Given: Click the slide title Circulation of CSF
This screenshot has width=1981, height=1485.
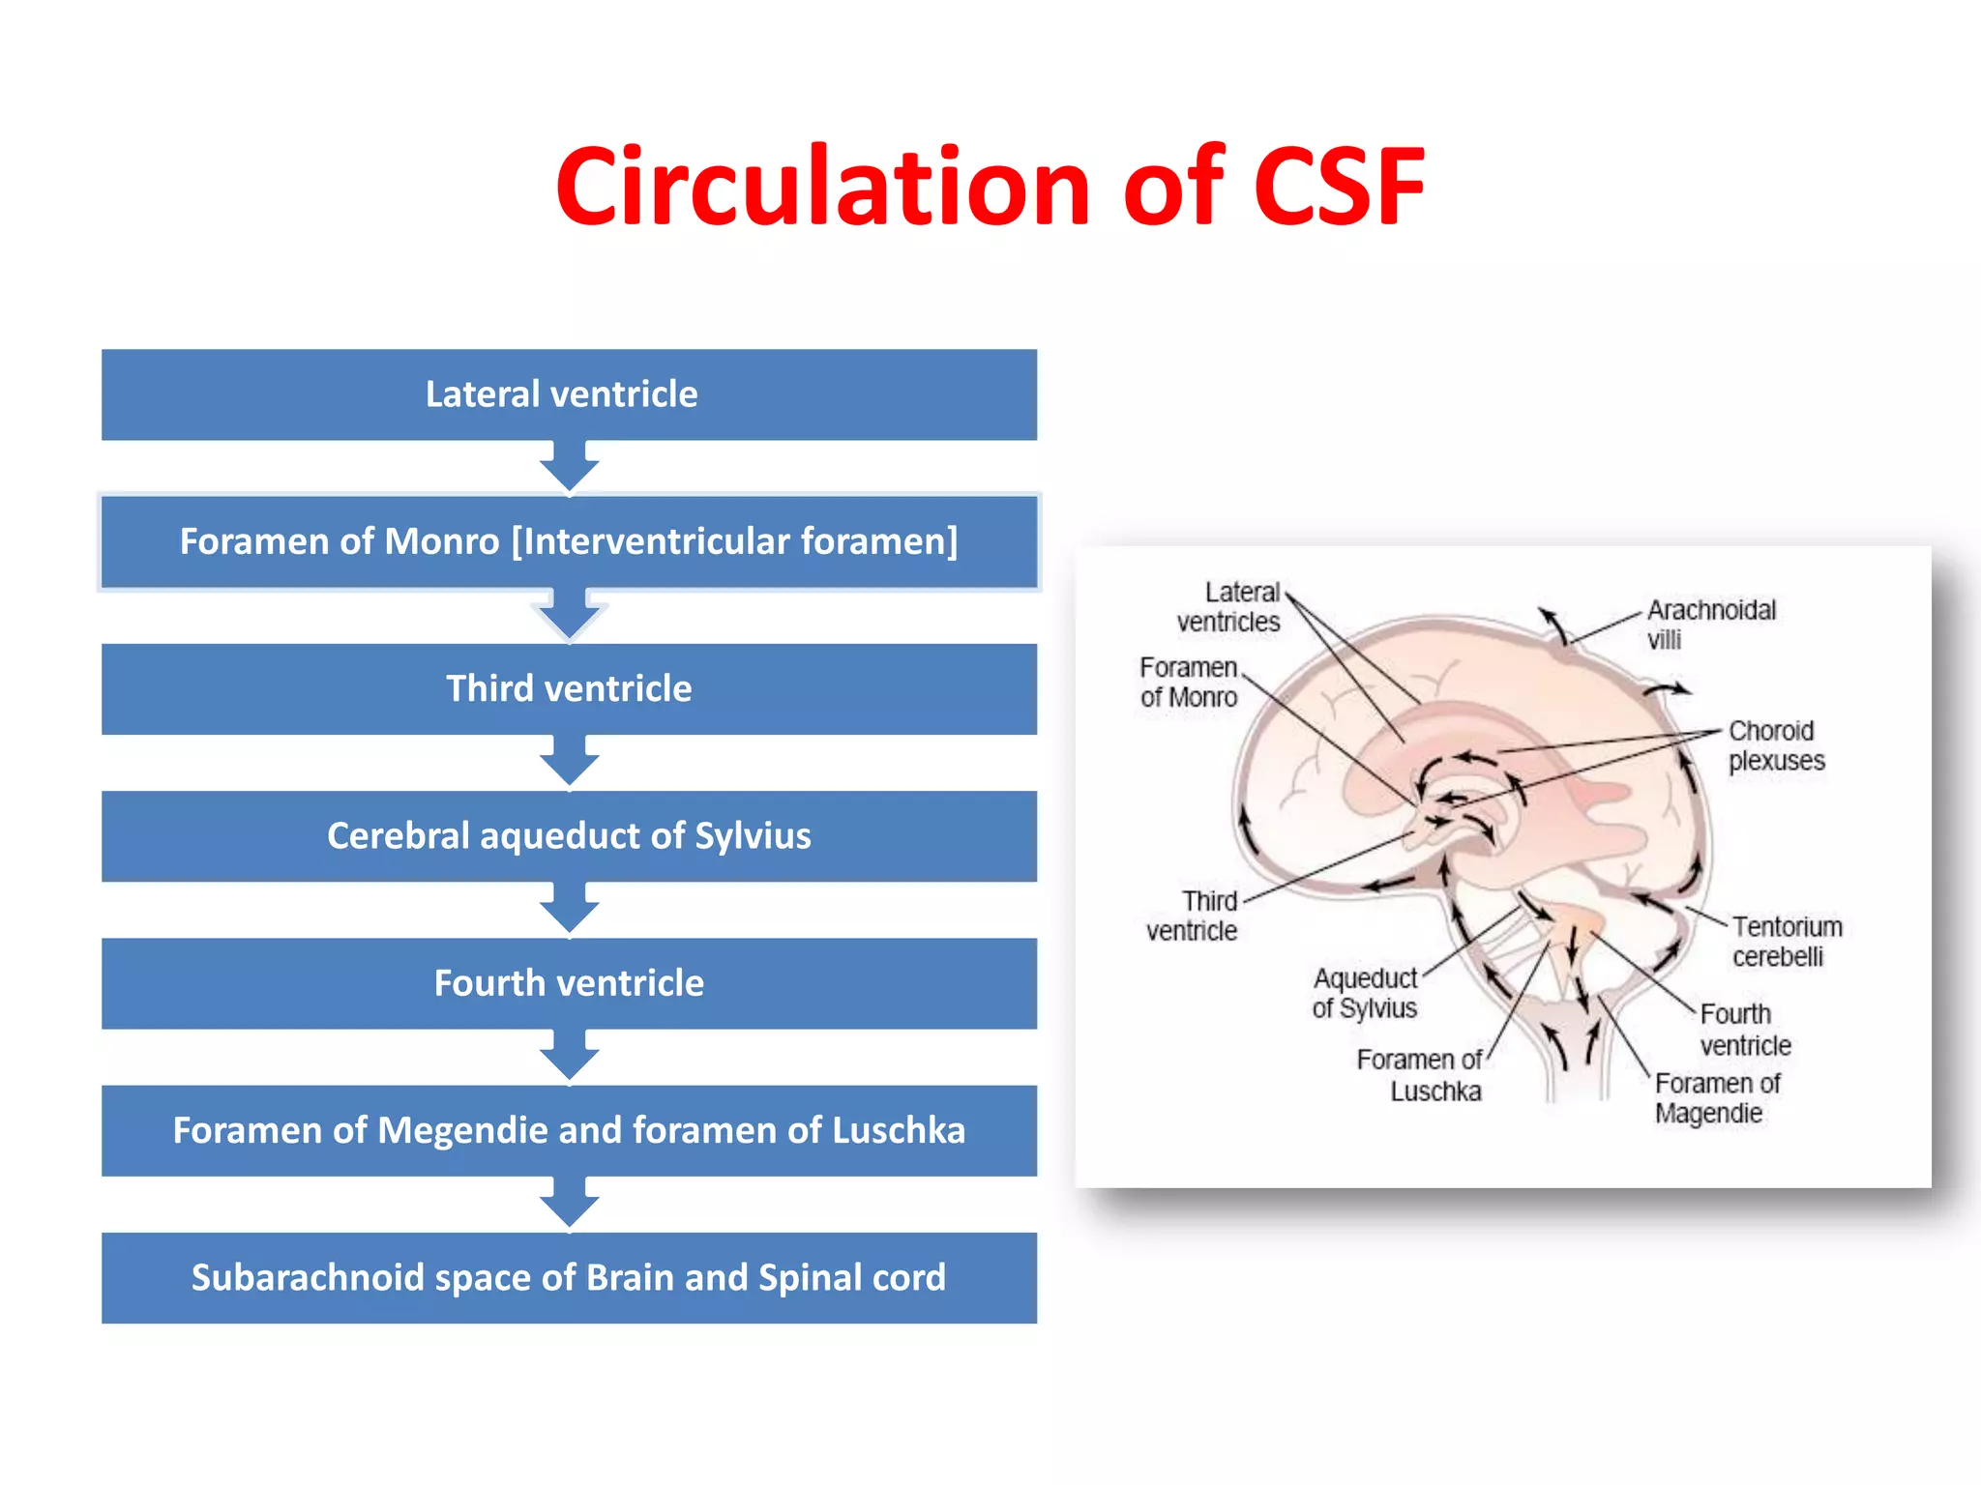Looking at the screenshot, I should [x=990, y=187].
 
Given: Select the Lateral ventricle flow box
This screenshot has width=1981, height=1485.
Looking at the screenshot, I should [x=569, y=394].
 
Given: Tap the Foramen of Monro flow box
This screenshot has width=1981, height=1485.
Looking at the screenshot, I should [x=569, y=541].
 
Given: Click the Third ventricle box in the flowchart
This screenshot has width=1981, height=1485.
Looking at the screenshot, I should [x=569, y=689].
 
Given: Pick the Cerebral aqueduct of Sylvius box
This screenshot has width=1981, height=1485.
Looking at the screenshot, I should [x=569, y=836].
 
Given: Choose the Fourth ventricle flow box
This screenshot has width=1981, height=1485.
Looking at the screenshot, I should [x=569, y=983].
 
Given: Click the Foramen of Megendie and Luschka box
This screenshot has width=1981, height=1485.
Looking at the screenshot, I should [x=569, y=1131].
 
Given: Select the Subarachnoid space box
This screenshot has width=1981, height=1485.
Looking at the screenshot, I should [x=569, y=1278].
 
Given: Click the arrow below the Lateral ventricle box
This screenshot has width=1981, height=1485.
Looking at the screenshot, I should [x=569, y=467].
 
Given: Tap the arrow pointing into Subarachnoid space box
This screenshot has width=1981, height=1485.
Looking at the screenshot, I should [x=569, y=1204].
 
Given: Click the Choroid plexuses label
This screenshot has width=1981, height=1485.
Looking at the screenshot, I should [x=1775, y=745].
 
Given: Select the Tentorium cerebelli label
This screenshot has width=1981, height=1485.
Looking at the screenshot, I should [x=1786, y=942].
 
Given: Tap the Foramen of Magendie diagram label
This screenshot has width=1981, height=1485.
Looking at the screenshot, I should [x=1716, y=1098].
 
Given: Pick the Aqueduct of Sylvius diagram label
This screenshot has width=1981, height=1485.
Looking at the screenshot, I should [x=1365, y=993].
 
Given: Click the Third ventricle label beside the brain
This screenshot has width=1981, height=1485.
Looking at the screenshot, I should [x=1194, y=916].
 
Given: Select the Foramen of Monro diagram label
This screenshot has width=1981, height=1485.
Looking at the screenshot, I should [x=1188, y=683].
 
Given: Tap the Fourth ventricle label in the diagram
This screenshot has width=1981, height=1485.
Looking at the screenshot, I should [x=1745, y=1030].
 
